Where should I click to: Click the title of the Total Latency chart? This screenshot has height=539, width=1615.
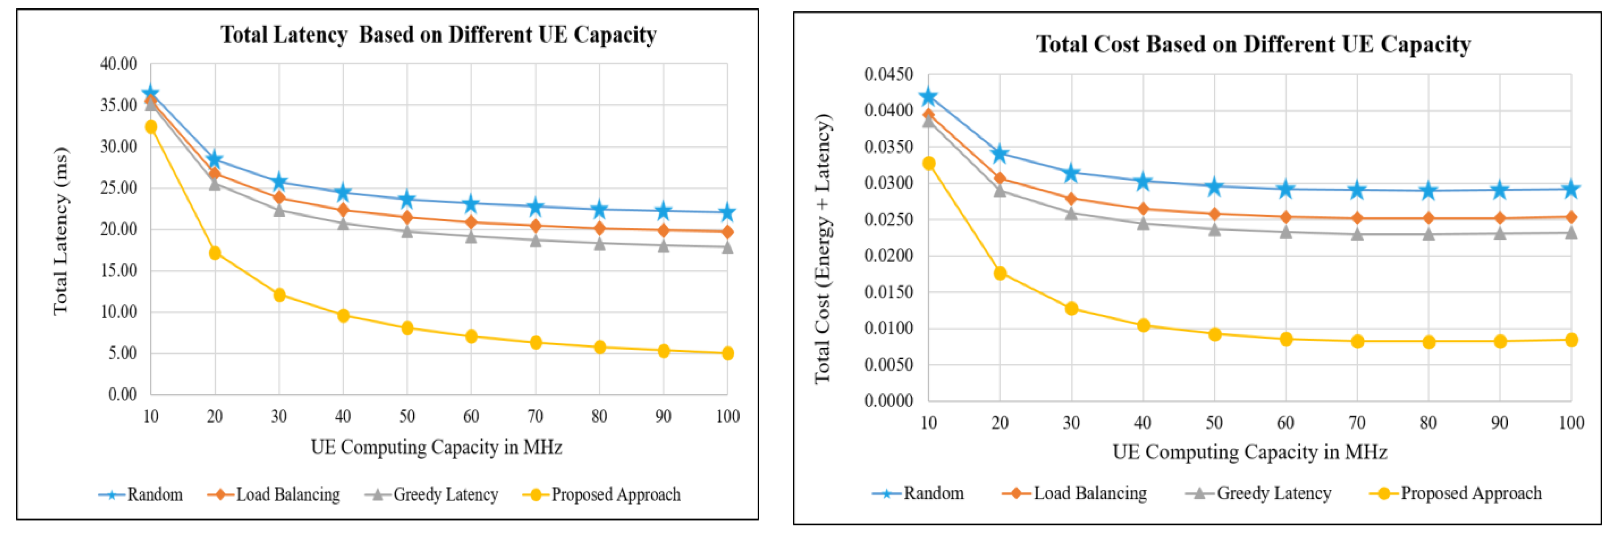[x=438, y=34]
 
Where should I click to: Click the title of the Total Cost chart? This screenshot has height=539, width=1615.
[x=1253, y=45]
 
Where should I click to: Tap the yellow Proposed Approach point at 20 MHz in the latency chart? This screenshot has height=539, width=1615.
[x=215, y=253]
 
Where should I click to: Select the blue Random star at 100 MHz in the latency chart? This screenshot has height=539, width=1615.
[x=727, y=213]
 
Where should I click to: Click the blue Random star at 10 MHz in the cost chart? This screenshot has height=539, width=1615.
[x=929, y=96]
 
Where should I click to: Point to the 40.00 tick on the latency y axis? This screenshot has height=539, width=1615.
[x=119, y=64]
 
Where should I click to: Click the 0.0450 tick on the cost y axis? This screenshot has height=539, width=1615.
[x=889, y=75]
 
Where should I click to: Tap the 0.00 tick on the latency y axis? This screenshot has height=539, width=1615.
[x=122, y=395]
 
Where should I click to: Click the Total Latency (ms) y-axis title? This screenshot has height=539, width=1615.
[x=60, y=231]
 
